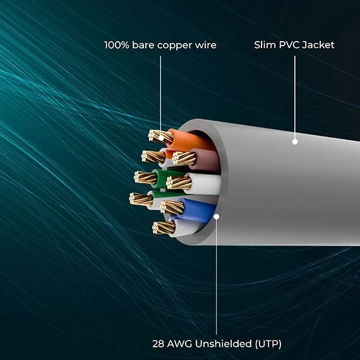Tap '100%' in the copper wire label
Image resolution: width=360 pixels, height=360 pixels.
coord(117,45)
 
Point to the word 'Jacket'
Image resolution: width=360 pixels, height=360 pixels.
coord(318,45)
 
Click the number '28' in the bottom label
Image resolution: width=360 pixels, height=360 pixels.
coord(158,344)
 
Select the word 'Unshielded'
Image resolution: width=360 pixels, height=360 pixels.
coord(224,344)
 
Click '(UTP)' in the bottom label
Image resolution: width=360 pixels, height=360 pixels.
coord(268,344)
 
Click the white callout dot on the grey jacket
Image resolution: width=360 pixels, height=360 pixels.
coord(295,141)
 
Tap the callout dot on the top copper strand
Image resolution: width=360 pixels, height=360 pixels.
coord(161,138)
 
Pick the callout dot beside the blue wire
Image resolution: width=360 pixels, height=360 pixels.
coord(216,217)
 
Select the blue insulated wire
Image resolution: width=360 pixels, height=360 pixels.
coord(198,210)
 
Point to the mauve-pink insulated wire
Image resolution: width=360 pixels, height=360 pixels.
coord(205,159)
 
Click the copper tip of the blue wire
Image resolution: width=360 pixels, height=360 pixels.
coord(172,207)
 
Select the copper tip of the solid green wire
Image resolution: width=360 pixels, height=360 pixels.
coord(145,177)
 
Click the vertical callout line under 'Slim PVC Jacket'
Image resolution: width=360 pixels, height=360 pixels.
coord(295,97)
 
